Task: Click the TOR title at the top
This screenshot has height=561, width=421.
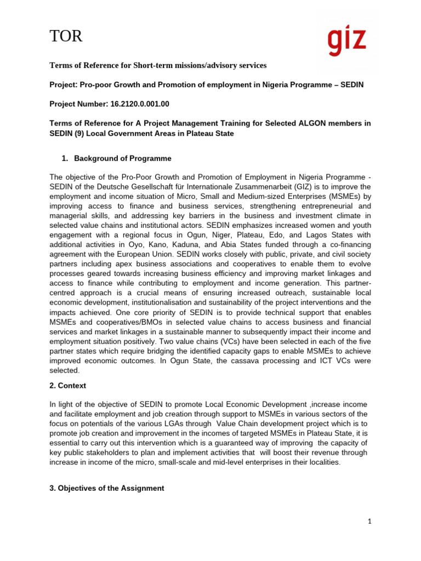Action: point(66,37)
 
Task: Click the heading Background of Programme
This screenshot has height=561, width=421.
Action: point(123,158)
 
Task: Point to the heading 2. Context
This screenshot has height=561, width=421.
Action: point(68,386)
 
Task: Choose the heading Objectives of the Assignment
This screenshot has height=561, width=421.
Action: point(107,488)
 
